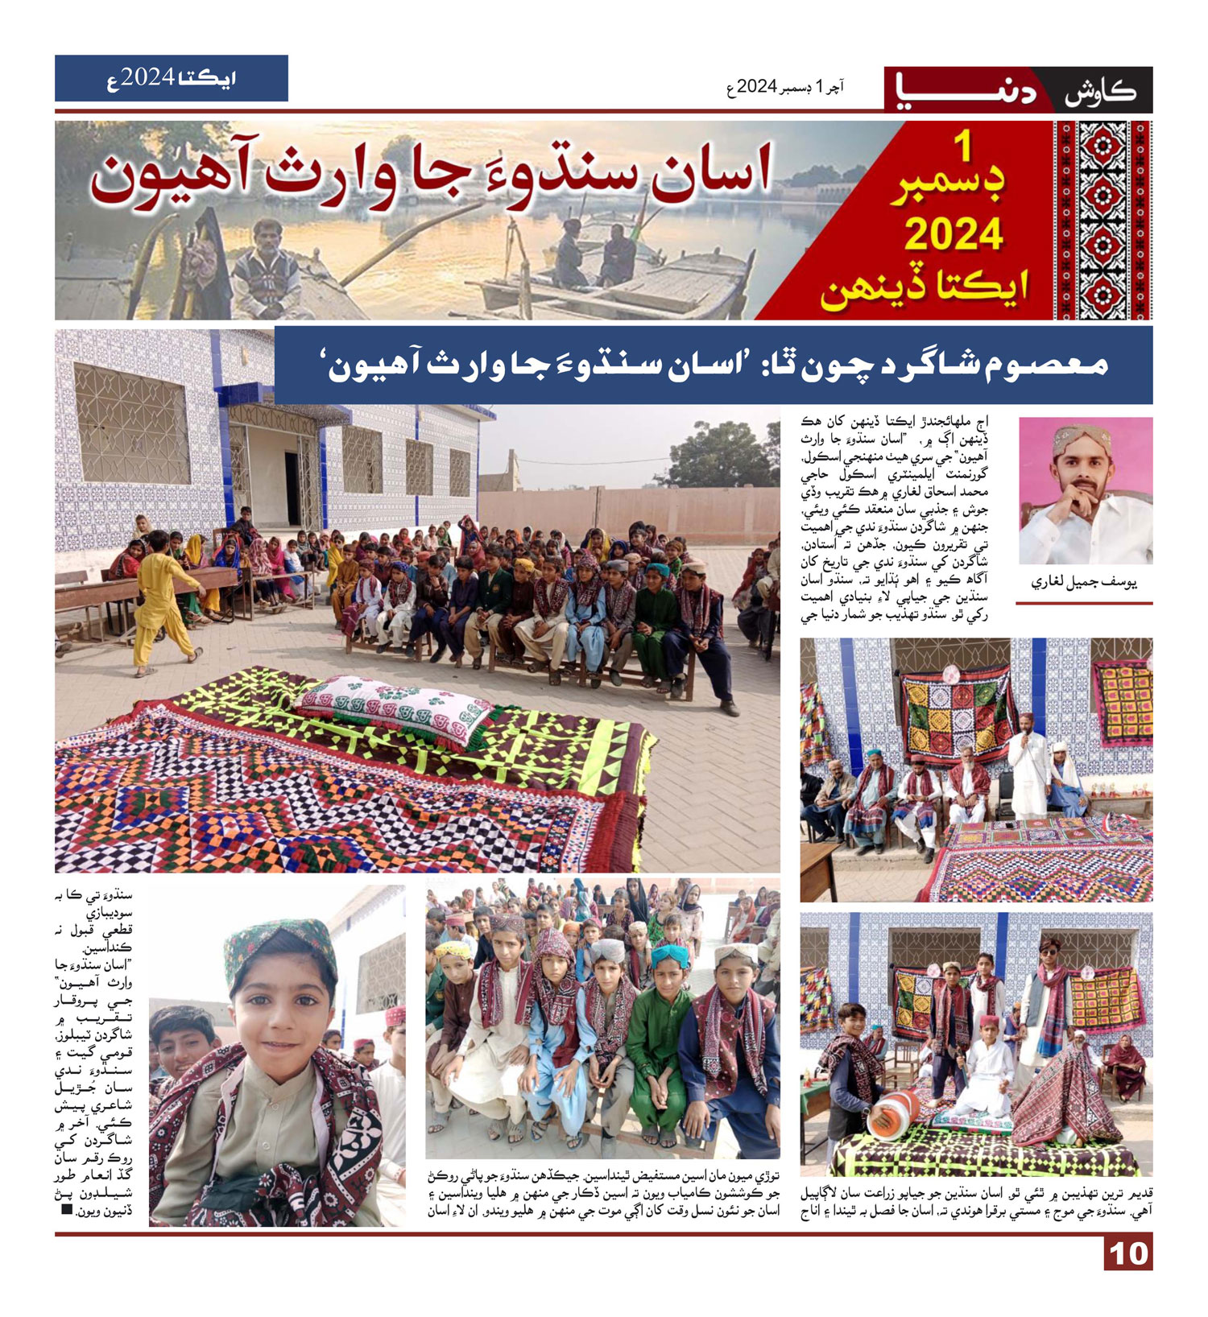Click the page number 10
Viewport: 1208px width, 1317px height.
click(1127, 1253)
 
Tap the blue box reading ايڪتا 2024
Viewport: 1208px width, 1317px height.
click(171, 78)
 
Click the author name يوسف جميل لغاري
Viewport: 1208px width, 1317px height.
click(1084, 583)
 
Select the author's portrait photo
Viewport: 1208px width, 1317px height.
click(1086, 490)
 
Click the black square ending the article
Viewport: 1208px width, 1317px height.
click(68, 1210)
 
